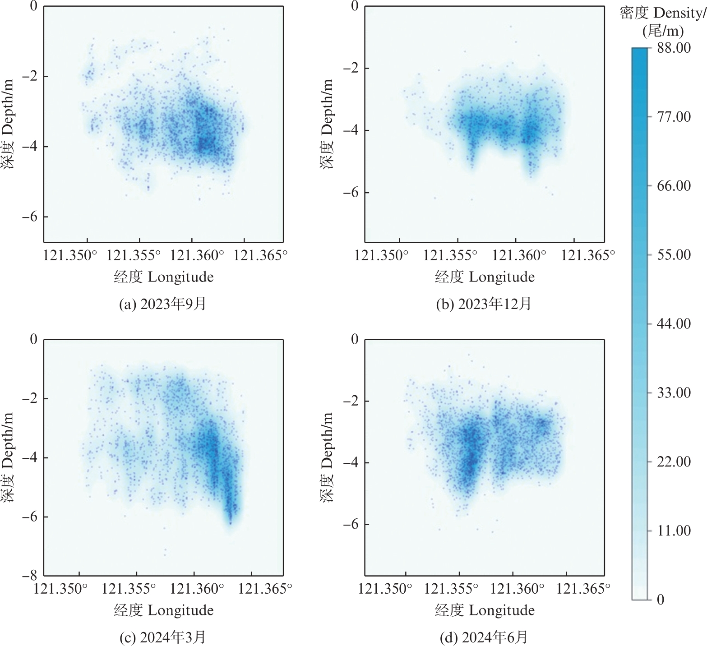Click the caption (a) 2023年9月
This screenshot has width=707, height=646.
click(162, 304)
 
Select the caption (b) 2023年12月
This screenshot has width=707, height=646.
click(484, 304)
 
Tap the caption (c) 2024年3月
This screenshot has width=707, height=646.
click(162, 637)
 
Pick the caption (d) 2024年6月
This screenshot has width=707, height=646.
click(484, 637)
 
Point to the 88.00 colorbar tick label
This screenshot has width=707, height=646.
click(674, 47)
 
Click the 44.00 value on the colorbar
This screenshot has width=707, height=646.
click(674, 323)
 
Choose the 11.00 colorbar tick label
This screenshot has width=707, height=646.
click(674, 531)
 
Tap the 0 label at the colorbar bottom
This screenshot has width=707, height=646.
click(661, 600)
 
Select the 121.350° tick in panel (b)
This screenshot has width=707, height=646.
click(382, 255)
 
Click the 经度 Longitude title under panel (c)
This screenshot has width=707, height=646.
click(164, 610)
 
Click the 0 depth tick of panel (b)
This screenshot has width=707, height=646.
click(355, 6)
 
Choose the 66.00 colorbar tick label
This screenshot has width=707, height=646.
click(674, 185)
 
